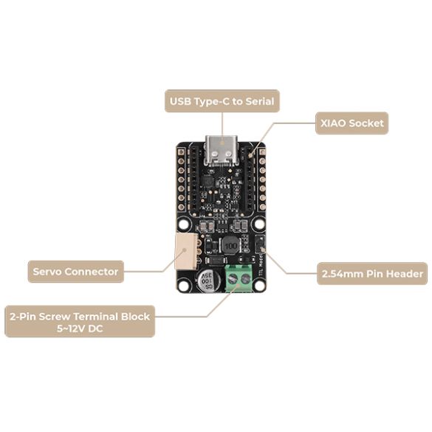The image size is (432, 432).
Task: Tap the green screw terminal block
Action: pos(238,275)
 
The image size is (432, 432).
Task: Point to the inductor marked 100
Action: pos(231,245)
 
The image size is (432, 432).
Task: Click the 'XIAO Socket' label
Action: pos(351,123)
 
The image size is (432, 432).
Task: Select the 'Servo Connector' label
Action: pos(75,272)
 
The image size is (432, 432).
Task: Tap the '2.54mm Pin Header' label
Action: pos(373,273)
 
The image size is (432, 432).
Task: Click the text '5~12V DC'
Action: pos(79,329)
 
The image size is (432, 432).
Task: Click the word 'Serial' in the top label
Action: pos(257,100)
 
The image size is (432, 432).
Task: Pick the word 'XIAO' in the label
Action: pos(333,123)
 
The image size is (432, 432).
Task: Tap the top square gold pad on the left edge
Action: pos(179,151)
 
